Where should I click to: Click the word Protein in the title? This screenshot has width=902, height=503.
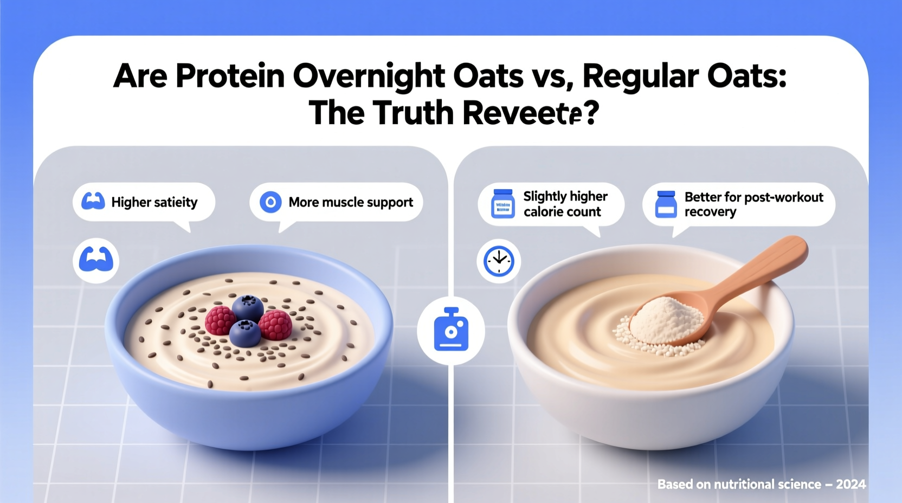(230, 76)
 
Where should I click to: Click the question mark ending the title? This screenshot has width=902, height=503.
(591, 113)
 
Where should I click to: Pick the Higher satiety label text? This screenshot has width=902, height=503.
(154, 202)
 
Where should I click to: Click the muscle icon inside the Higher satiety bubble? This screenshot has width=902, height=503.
(93, 202)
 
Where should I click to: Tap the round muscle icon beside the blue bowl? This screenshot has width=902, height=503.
(96, 261)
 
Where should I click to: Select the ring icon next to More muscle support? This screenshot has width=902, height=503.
(270, 202)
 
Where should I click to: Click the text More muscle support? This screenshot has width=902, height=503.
(351, 202)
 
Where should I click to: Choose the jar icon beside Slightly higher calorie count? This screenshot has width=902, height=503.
(502, 204)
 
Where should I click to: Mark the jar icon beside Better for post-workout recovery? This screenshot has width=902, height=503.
(666, 204)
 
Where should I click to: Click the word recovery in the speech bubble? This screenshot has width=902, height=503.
(710, 212)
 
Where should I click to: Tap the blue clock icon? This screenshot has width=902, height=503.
(499, 261)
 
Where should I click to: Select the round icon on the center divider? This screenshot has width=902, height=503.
(451, 330)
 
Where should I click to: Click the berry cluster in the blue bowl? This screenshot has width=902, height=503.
(248, 320)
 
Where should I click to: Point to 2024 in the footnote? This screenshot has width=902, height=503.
(851, 484)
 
